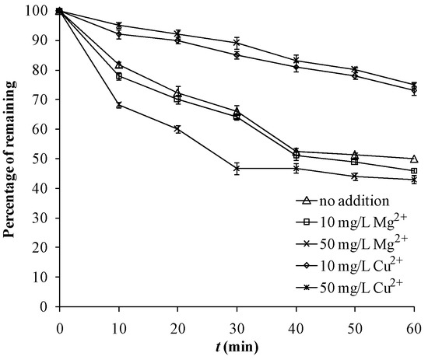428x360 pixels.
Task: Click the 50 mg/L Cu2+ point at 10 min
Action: point(118,105)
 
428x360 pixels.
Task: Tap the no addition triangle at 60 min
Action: point(413,159)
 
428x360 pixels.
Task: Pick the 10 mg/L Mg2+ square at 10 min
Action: point(118,76)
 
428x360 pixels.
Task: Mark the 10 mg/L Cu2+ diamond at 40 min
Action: point(296,67)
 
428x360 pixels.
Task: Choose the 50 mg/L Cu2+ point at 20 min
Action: point(177,129)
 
